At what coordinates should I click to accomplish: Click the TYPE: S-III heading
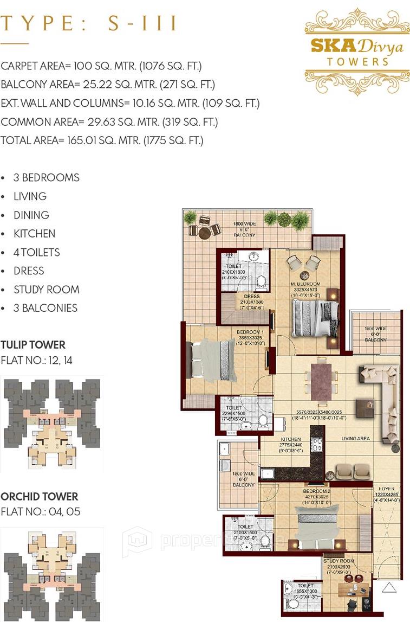pyautogui.click(x=90, y=24)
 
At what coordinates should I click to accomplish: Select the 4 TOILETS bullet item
pyautogui.click(x=37, y=252)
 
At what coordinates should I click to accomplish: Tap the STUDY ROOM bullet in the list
pyautogui.click(x=47, y=290)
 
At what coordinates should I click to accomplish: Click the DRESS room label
pyautogui.click(x=252, y=296)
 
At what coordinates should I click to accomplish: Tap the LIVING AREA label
pyautogui.click(x=355, y=439)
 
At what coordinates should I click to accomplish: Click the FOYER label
pyautogui.click(x=386, y=488)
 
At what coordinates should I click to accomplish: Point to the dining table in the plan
pyautogui.click(x=322, y=381)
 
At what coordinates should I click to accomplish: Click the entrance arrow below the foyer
pyautogui.click(x=388, y=587)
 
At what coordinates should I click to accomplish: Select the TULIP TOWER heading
pyautogui.click(x=33, y=345)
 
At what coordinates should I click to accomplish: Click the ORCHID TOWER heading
pyautogui.click(x=39, y=497)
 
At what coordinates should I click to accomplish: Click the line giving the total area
pyautogui.click(x=102, y=140)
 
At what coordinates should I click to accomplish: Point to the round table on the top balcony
pyautogui.click(x=204, y=233)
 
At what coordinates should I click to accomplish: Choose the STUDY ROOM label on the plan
pyautogui.click(x=339, y=561)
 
